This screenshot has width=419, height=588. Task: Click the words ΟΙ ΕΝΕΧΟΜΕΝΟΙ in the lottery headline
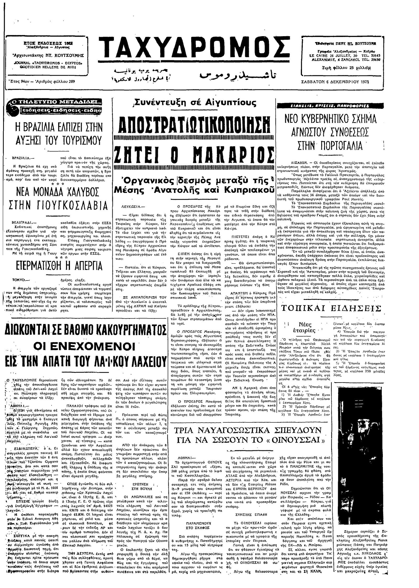(x=84, y=346)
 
